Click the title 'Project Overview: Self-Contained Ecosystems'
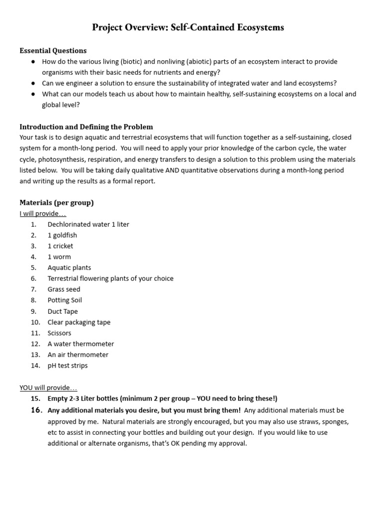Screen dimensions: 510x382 [x=188, y=27]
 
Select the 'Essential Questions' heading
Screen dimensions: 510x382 [x=53, y=50]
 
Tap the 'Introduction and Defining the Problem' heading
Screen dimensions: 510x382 [x=86, y=127]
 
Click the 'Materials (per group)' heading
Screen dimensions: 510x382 [x=56, y=202]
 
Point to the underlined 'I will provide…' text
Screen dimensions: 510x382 [x=43, y=213]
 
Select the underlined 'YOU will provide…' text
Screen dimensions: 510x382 [x=48, y=387]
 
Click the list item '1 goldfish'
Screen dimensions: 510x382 [x=62, y=235]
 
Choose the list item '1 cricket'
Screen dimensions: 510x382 [x=60, y=246]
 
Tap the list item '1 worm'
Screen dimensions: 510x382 [x=59, y=257]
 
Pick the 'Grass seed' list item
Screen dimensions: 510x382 [x=64, y=289]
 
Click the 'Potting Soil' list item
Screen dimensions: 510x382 [x=65, y=300]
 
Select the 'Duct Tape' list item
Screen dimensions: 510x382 [x=63, y=311]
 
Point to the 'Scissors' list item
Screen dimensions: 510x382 [x=59, y=333]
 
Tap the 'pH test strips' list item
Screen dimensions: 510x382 [x=68, y=366]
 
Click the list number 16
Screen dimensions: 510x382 [x=36, y=410]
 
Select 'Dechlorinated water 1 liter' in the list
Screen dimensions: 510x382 [x=88, y=224]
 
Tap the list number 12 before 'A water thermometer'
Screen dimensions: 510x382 [x=35, y=344]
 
